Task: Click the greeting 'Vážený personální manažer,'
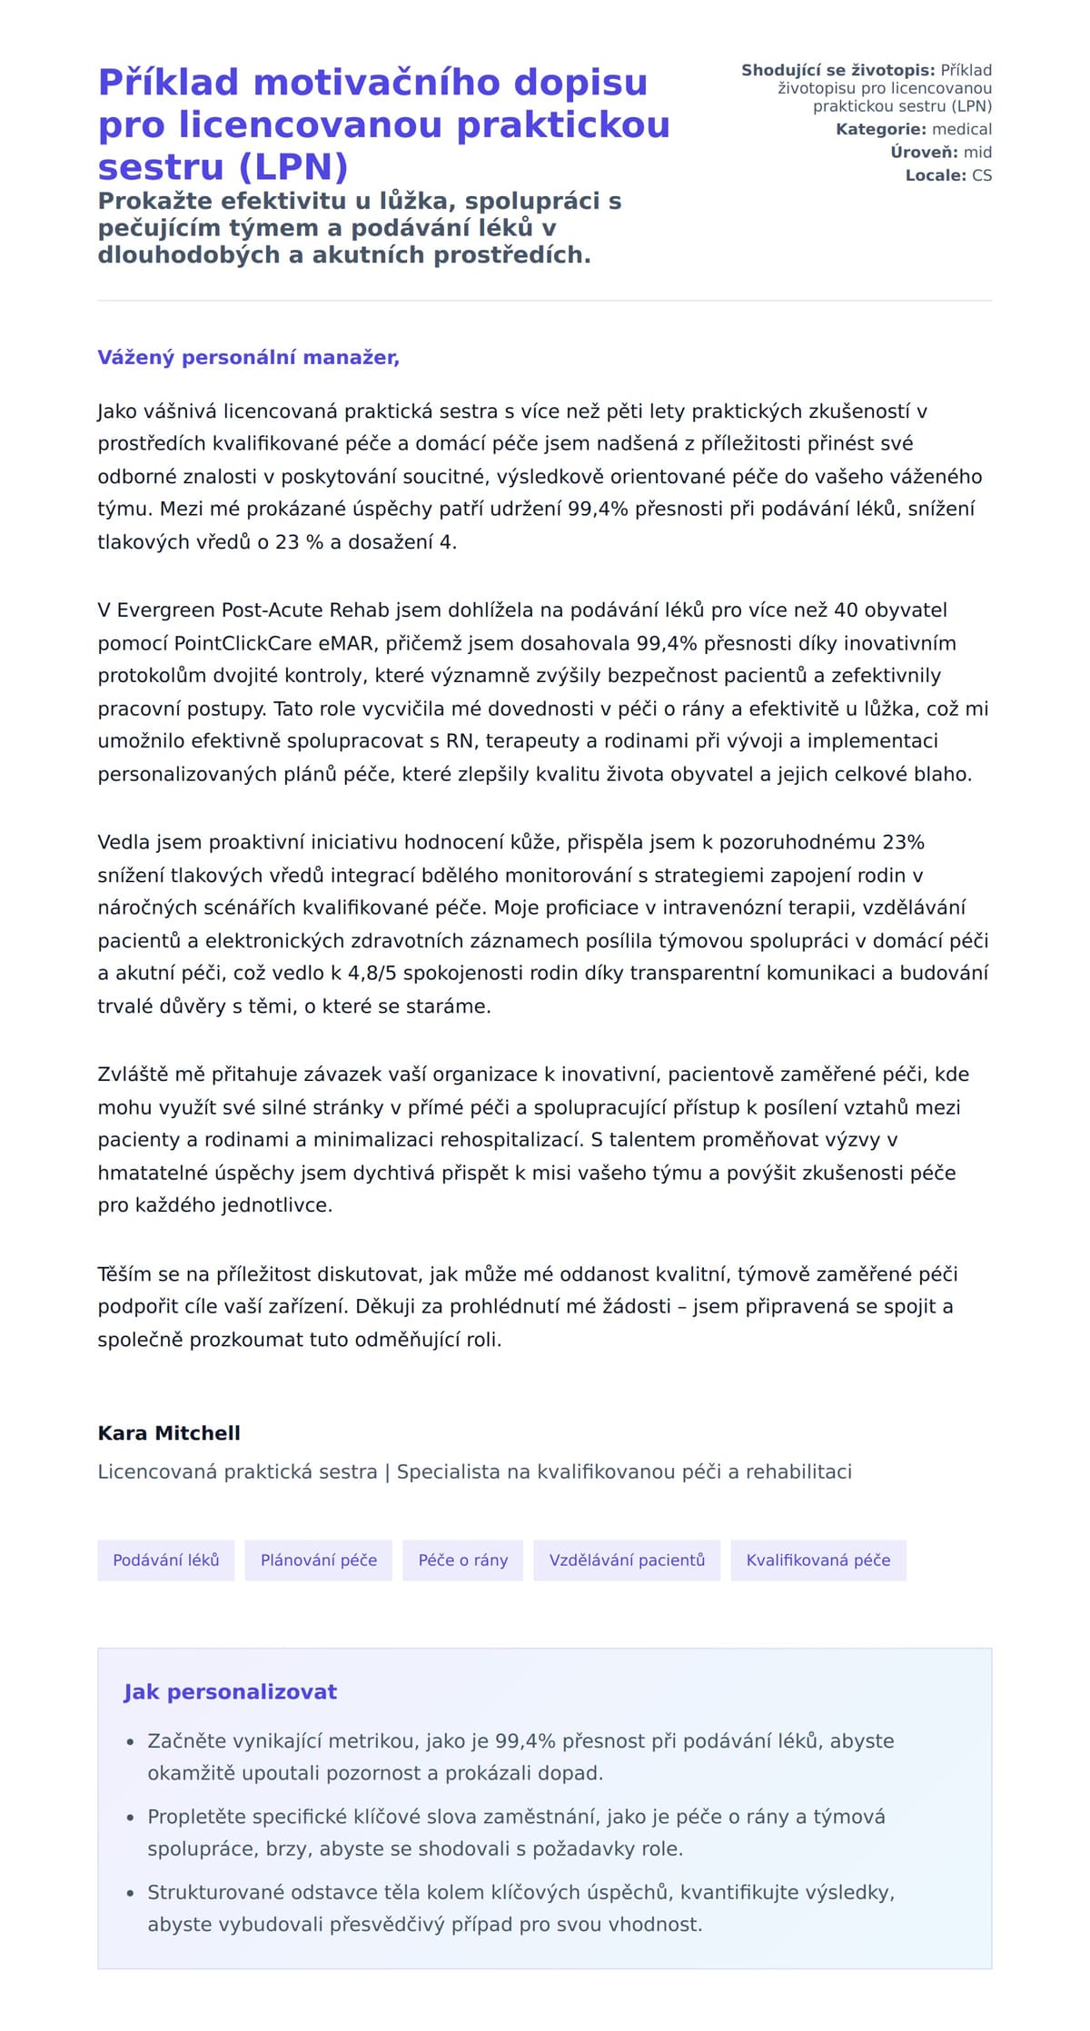tap(248, 358)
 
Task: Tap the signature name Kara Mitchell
tap(169, 1433)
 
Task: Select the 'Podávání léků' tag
tap(166, 1560)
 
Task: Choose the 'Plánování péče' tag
tap(319, 1560)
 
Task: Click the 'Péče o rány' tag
tap(463, 1560)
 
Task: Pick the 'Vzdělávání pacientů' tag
tap(627, 1560)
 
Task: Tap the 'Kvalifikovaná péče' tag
tap(818, 1560)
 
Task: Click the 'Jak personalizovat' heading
tap(231, 1692)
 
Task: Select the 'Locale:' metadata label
tap(936, 175)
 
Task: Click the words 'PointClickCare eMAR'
tap(274, 643)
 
